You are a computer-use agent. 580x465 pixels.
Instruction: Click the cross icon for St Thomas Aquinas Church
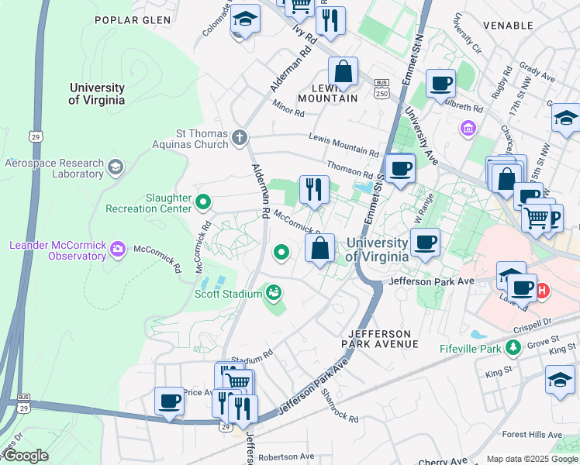(x=240, y=139)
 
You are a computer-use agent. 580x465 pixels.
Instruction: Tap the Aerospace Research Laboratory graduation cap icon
(x=116, y=167)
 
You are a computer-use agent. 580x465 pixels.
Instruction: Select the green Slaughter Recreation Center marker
(x=203, y=203)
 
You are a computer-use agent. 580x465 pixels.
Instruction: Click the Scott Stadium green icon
(x=273, y=292)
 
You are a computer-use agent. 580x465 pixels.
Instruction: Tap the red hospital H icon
(x=543, y=291)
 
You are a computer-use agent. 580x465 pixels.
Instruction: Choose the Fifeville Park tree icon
(x=512, y=349)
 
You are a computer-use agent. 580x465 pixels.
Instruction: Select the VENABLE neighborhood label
(x=508, y=25)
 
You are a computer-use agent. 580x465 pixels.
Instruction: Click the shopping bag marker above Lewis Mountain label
(x=342, y=72)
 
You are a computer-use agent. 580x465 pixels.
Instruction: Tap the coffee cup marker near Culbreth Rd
(x=440, y=84)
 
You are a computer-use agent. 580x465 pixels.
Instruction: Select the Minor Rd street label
(x=288, y=108)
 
